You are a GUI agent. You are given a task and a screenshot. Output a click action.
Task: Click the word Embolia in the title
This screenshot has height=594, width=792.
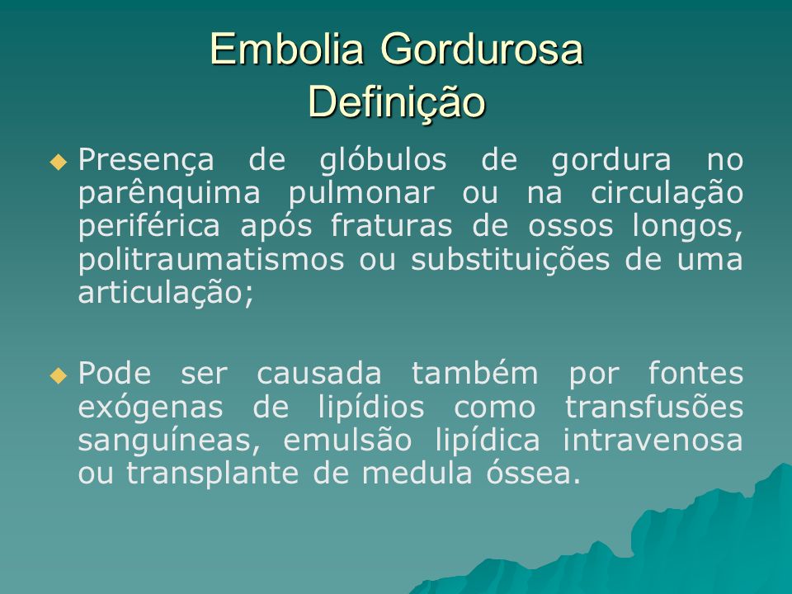(286, 49)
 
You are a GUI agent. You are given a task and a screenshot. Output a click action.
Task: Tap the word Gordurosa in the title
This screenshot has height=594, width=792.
(482, 49)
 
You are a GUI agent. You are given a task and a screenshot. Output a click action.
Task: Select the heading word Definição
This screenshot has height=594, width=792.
(397, 101)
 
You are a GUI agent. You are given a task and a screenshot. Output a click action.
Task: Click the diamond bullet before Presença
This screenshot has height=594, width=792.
(59, 163)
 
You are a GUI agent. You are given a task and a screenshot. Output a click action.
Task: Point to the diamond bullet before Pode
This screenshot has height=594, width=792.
(59, 375)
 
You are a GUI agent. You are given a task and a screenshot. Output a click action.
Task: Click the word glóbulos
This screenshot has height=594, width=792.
(383, 161)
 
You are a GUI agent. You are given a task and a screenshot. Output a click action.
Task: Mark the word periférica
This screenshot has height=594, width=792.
(149, 227)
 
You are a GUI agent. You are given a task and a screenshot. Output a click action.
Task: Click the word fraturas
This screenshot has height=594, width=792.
(391, 226)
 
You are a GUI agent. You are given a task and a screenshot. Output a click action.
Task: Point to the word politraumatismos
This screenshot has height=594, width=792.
(211, 260)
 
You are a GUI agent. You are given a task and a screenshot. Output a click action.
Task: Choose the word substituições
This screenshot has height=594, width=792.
(510, 260)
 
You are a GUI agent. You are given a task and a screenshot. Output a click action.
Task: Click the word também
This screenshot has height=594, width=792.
(475, 375)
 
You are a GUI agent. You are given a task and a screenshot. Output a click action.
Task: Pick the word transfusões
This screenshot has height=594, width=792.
(654, 407)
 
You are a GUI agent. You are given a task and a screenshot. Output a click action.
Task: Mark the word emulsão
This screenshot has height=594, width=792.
(347, 440)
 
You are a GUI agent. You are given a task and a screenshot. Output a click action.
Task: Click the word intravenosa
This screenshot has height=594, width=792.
(653, 440)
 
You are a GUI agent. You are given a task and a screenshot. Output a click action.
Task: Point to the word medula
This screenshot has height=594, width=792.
(417, 474)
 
